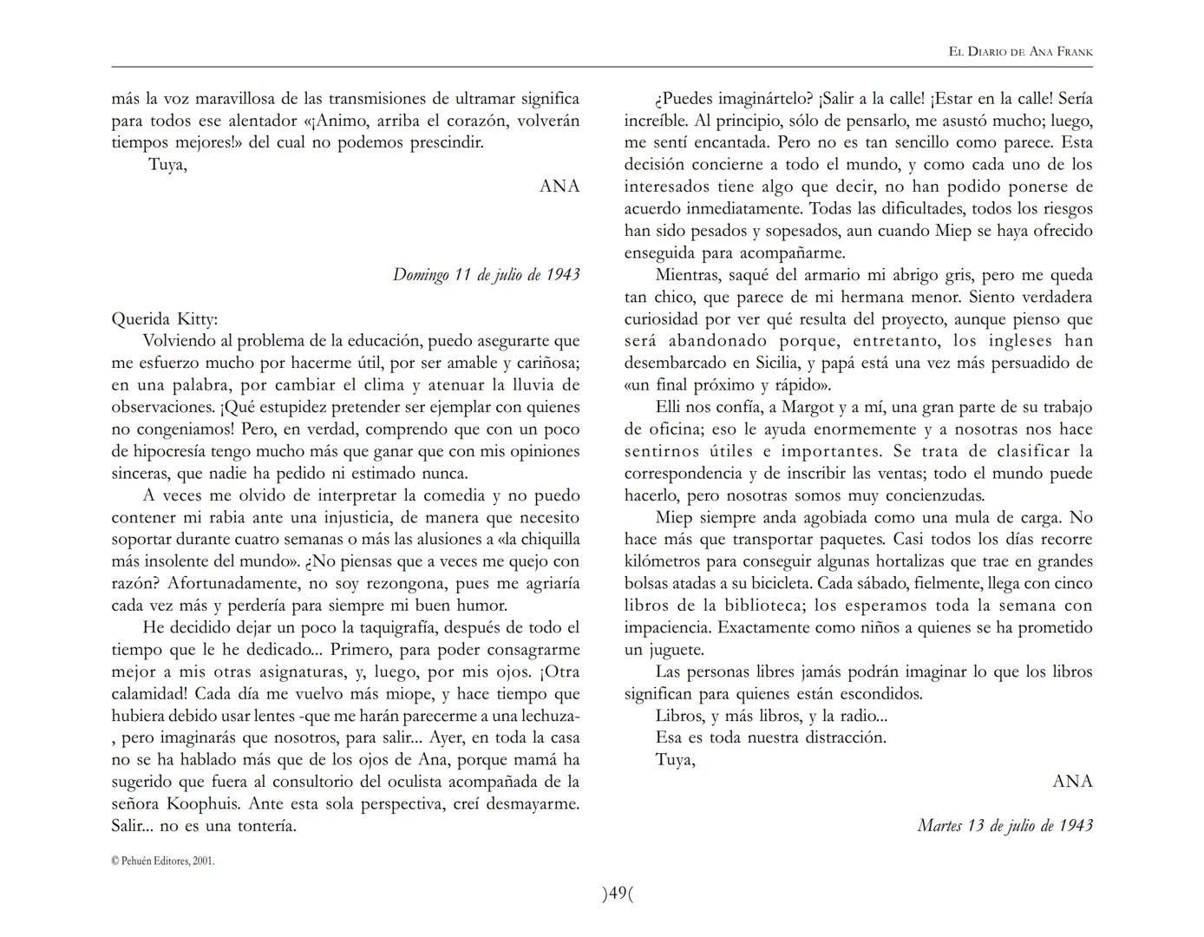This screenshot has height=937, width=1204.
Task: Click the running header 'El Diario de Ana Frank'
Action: [x=1020, y=52]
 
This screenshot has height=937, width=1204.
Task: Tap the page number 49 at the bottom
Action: [x=618, y=894]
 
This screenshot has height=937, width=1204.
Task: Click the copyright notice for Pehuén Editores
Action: [x=163, y=862]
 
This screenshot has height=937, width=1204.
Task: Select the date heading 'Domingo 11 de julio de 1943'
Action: [x=486, y=275]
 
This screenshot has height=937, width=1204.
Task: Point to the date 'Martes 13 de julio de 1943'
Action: [x=1004, y=826]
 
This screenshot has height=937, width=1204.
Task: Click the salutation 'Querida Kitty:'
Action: [x=165, y=318]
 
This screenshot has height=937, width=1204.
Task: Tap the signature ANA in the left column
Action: [x=559, y=187]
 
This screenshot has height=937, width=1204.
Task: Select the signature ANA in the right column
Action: [x=1072, y=782]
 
